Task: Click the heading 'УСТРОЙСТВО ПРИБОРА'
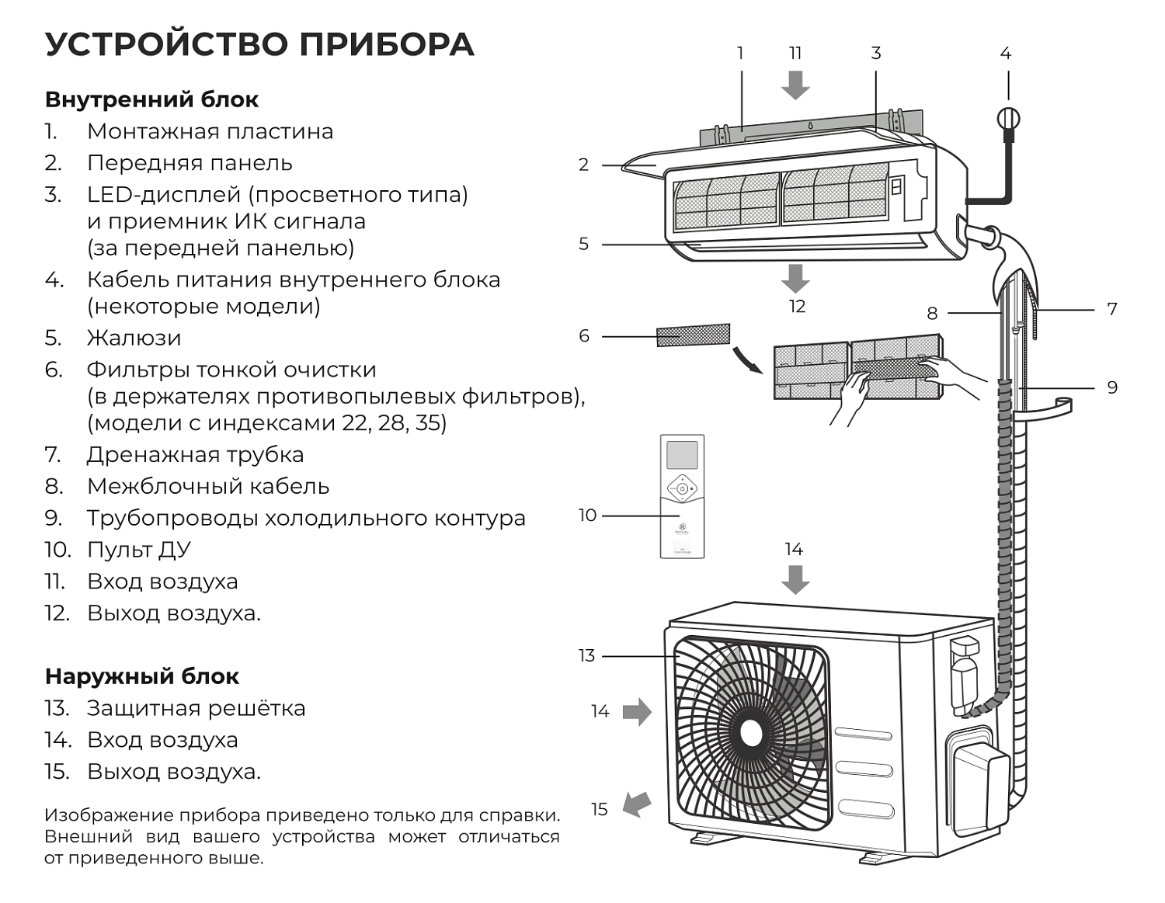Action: (259, 45)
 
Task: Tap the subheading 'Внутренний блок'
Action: (151, 99)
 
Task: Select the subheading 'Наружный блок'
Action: (141, 676)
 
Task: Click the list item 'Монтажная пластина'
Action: (210, 131)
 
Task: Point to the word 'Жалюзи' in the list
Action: (134, 338)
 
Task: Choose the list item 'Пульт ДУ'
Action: (138, 550)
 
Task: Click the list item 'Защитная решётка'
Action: (196, 708)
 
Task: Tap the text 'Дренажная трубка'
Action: (195, 454)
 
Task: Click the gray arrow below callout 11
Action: (795, 85)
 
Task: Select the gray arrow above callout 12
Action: (795, 277)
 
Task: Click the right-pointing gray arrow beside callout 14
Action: (637, 711)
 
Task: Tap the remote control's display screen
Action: (682, 455)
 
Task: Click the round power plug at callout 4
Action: (1007, 119)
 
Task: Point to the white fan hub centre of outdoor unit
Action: (751, 733)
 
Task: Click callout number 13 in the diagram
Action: (586, 656)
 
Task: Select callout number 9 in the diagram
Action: (1112, 387)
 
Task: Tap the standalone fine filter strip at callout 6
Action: (693, 335)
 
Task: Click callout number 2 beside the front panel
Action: (583, 165)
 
